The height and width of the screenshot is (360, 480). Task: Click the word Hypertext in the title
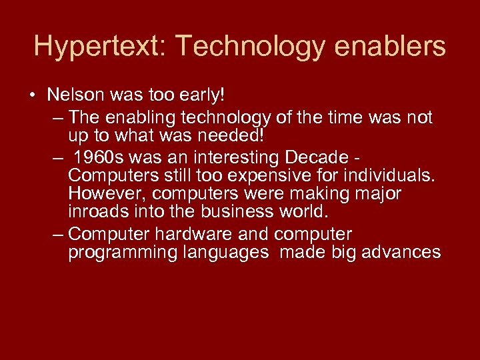pyautogui.click(x=93, y=47)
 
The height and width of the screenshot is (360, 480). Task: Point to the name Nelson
pyautogui.click(x=73, y=95)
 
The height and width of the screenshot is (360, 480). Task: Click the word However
pyautogui.click(x=99, y=194)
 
